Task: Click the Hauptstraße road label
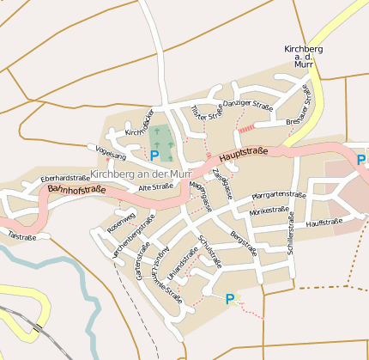pyautogui.click(x=243, y=154)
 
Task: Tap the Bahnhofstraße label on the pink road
pyautogui.click(x=76, y=189)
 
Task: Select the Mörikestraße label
pyautogui.click(x=269, y=210)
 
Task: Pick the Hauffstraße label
pyautogui.click(x=324, y=223)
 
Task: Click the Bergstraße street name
pyautogui.click(x=244, y=243)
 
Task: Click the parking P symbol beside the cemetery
pyautogui.click(x=154, y=156)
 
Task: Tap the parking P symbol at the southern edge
pyautogui.click(x=229, y=299)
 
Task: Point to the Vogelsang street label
pyautogui.click(x=112, y=156)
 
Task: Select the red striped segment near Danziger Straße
pyautogui.click(x=246, y=128)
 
